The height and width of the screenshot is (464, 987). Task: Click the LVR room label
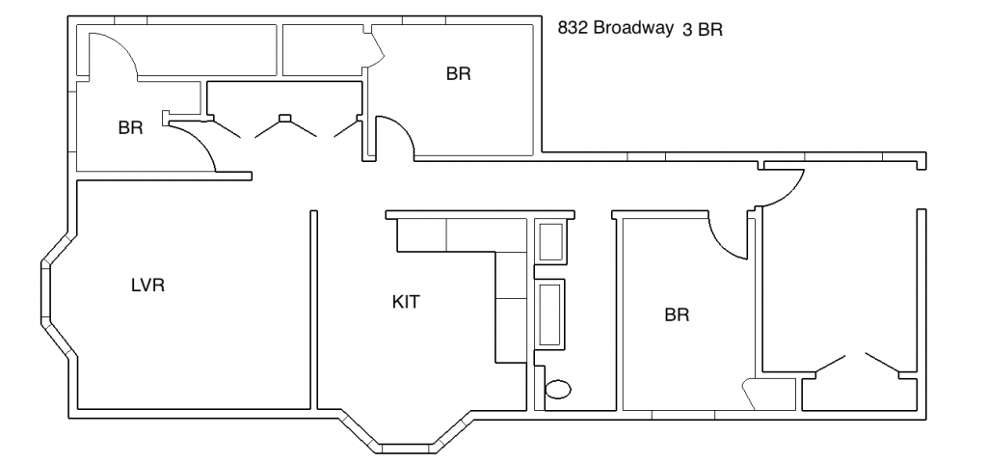point(147,285)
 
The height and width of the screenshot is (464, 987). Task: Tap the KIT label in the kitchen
point(406,301)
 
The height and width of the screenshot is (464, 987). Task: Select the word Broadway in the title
point(632,28)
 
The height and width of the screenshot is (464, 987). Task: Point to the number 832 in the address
point(573,28)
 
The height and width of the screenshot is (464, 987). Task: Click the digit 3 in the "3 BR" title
point(686,30)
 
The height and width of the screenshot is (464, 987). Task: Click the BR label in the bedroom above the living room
point(130,127)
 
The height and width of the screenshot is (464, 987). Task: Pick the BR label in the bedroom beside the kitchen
point(677,314)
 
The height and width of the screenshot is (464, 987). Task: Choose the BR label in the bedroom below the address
point(458,73)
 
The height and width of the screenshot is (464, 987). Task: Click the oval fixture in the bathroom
point(558,391)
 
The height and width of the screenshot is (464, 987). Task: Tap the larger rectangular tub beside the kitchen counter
point(551,314)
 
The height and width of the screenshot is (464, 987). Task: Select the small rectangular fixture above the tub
point(551,241)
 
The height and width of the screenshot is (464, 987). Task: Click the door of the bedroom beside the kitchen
point(727,237)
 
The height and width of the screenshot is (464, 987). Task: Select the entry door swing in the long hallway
point(784,187)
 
